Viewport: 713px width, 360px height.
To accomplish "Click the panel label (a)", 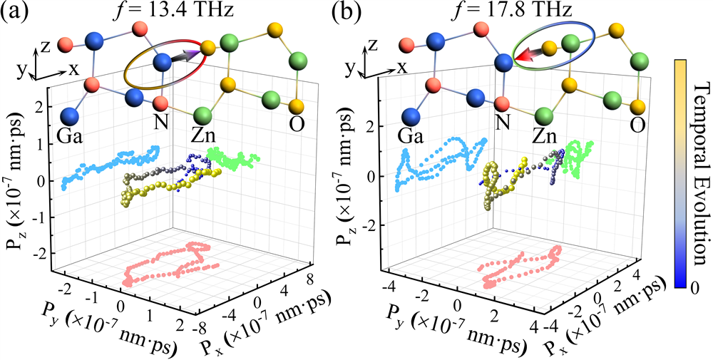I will tap(16, 12).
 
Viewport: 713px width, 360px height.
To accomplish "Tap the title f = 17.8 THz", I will tap(518, 11).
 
